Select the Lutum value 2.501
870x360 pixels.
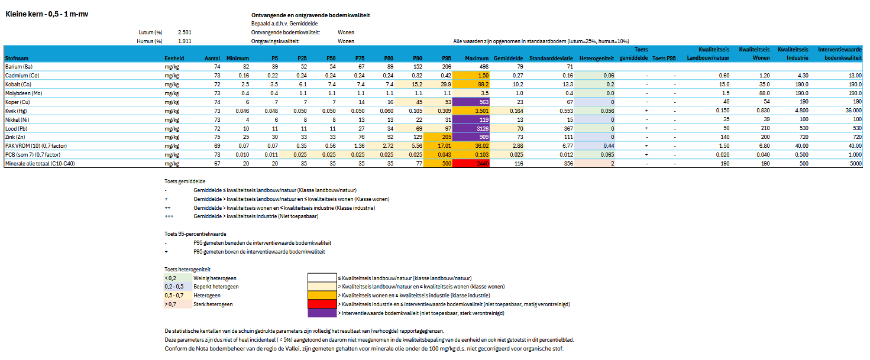point(184,32)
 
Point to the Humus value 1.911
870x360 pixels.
point(184,41)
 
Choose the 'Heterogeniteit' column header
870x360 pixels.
point(596,59)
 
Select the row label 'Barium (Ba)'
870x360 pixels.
point(20,67)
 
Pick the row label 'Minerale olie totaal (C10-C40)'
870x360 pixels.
point(43,163)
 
